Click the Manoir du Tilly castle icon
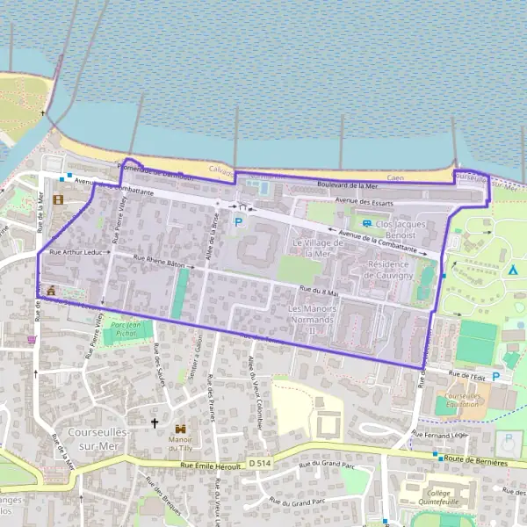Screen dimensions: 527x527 click(x=180, y=428)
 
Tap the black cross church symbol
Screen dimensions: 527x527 click(x=155, y=423)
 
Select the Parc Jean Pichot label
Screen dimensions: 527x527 click(x=128, y=328)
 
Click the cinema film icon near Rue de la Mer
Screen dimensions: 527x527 click(x=59, y=199)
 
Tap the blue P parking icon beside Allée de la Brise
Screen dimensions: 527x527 click(x=237, y=222)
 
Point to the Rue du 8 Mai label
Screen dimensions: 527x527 click(x=318, y=290)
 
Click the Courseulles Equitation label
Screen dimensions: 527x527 click(x=465, y=401)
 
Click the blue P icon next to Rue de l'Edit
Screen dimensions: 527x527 click(x=496, y=377)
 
